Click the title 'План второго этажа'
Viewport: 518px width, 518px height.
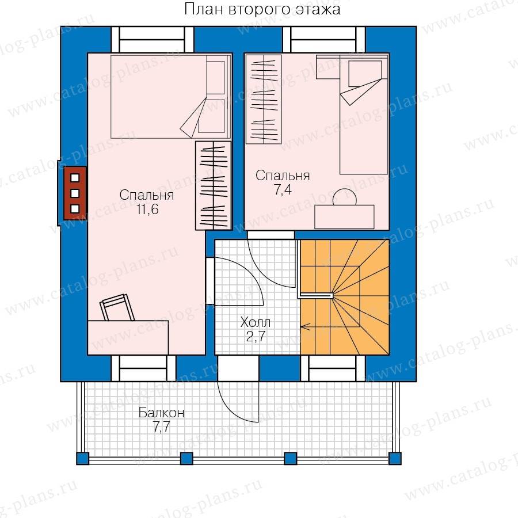click(262, 9)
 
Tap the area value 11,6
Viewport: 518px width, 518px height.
click(148, 209)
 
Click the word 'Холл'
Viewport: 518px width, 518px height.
click(256, 322)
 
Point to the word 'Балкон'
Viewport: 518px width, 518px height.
click(161, 413)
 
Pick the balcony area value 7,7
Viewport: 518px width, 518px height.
click(161, 427)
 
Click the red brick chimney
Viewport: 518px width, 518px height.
click(75, 193)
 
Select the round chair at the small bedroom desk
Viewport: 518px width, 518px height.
click(345, 197)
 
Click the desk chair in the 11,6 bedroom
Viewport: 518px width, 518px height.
click(117, 307)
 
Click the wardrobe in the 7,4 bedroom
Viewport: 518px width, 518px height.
click(264, 100)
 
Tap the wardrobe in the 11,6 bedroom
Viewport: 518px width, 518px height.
click(213, 185)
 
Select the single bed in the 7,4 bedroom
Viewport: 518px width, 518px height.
click(363, 115)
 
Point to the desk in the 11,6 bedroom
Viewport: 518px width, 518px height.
click(128, 337)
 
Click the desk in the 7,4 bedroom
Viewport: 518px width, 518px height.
click(344, 217)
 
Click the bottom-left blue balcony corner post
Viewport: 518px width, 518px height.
click(82, 459)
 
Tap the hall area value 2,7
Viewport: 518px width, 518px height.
click(256, 336)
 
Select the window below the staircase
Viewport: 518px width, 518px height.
click(333, 368)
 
